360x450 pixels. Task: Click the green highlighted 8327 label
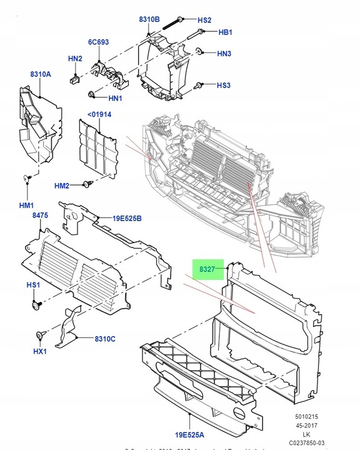click(207, 270)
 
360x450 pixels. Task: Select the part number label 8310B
click(149, 20)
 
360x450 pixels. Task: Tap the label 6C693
click(99, 42)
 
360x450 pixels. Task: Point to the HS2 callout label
click(204, 21)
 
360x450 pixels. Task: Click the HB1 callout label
click(225, 32)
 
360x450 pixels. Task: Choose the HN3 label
click(224, 54)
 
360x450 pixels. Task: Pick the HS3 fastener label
click(224, 85)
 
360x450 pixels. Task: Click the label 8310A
click(40, 74)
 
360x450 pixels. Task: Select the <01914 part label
click(99, 114)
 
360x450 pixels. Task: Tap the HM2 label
click(62, 186)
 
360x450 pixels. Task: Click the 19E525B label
click(127, 218)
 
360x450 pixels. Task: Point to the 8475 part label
click(40, 216)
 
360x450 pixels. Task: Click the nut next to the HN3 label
click(199, 51)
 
